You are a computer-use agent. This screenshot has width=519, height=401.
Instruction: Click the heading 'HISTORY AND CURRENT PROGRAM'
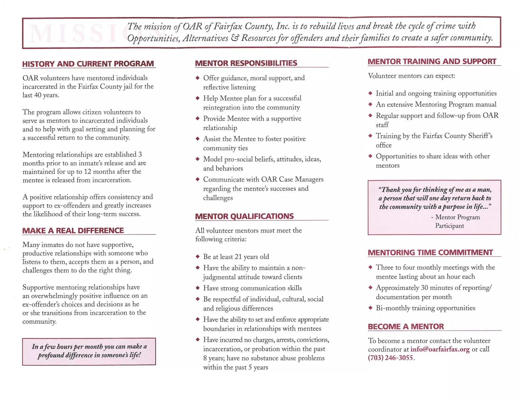coord(88,64)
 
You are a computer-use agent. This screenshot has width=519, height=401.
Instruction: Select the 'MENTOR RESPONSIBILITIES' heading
coord(246,63)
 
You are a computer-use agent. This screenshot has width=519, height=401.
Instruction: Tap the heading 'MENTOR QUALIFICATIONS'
coord(244,216)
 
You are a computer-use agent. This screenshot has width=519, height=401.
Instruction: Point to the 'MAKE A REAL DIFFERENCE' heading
coord(73,231)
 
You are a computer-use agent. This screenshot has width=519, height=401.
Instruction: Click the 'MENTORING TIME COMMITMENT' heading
coord(430,252)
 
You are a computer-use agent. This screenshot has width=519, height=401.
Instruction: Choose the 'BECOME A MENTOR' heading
coord(406,326)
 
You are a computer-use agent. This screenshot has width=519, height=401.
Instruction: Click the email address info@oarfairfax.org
coord(440,349)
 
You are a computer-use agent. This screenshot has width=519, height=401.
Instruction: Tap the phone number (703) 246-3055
coord(390,358)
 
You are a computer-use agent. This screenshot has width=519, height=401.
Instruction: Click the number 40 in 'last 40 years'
coord(38,95)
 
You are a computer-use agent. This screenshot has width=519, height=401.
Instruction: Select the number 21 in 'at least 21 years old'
coord(238,257)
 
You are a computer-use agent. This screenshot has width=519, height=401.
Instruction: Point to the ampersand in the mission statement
coord(235,38)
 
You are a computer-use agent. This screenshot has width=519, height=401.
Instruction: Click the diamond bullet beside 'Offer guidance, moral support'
coord(198,78)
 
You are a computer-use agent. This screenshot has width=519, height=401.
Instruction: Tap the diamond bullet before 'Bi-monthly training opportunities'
coord(370,308)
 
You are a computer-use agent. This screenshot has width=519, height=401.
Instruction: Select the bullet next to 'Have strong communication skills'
coord(198,288)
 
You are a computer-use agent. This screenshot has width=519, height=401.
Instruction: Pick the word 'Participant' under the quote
coord(449,226)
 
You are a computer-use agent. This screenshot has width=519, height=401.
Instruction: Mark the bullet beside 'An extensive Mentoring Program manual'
coord(370,104)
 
